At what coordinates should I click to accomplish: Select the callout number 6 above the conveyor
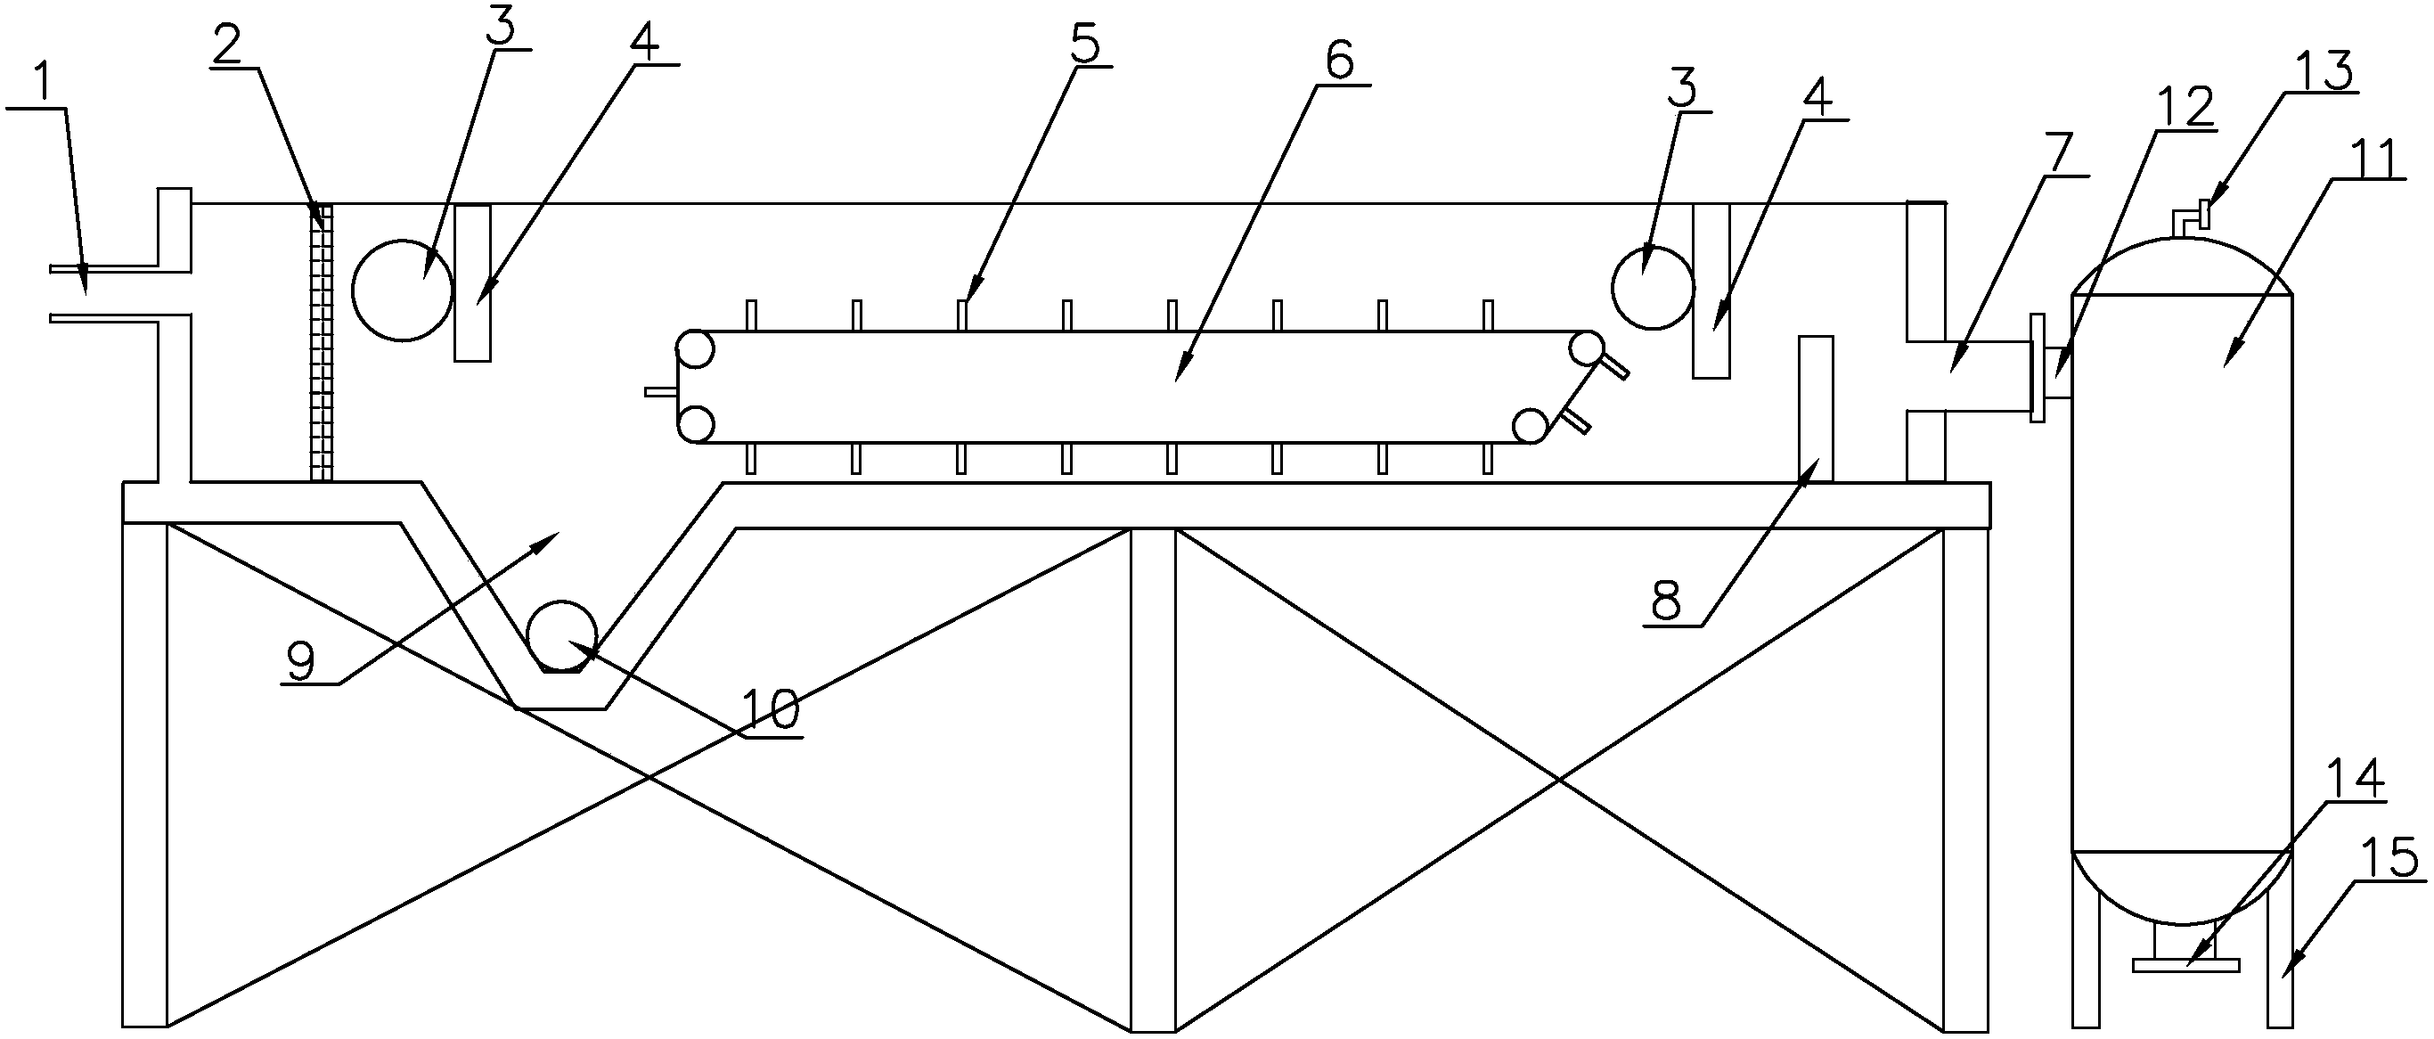(x=1339, y=61)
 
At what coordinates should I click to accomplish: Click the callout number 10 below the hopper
(x=770, y=709)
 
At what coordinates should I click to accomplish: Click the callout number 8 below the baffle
(x=1668, y=600)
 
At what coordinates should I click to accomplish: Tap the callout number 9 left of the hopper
(x=301, y=663)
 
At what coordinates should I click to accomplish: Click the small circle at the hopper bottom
(x=561, y=635)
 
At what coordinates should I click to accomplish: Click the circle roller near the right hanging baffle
(x=1653, y=289)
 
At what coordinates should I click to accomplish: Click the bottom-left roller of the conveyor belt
(x=696, y=422)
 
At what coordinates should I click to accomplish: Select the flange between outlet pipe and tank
(x=2038, y=368)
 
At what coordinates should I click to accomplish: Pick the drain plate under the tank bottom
(x=2185, y=964)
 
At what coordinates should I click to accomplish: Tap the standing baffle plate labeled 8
(x=1815, y=408)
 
